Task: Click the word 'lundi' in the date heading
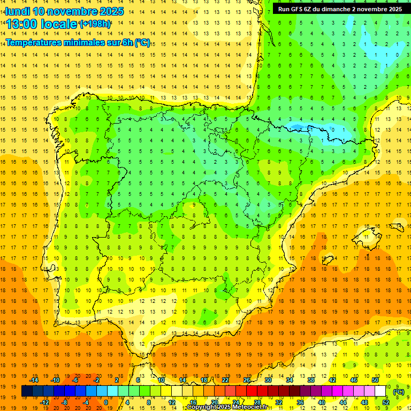point(17,11)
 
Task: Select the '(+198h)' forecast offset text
point(95,24)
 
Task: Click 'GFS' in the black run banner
point(300,9)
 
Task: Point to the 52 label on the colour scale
point(386,402)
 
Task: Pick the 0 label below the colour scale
point(105,402)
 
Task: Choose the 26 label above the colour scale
point(247,379)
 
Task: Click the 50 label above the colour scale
point(375,379)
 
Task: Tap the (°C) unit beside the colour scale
point(399,391)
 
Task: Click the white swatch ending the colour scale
point(380,391)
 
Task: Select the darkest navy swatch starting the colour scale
point(27,391)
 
